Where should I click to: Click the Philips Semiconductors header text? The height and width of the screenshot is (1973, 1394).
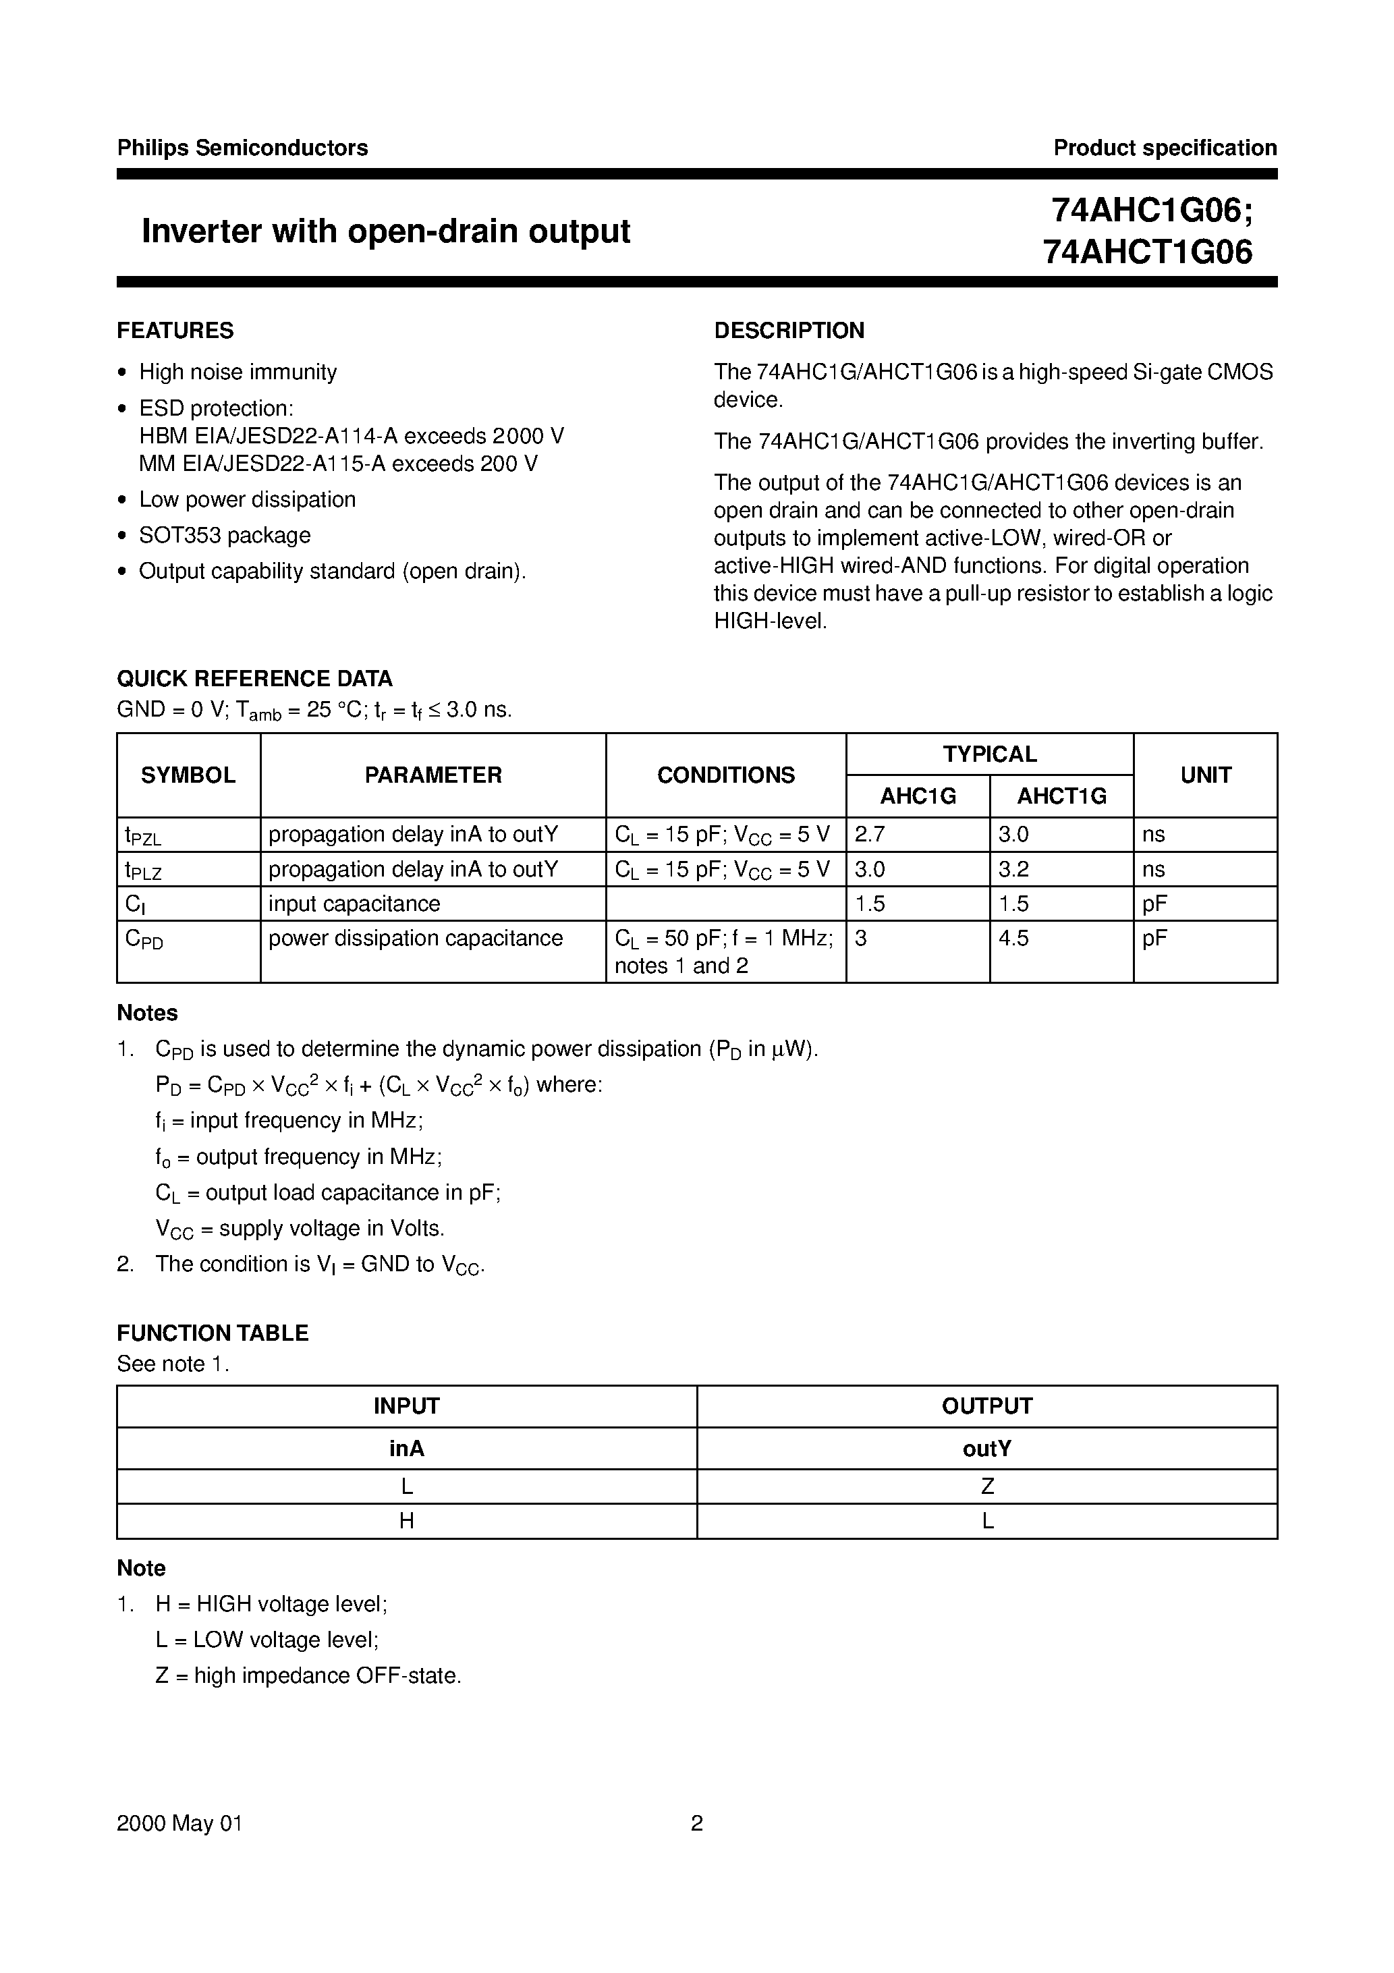[242, 148]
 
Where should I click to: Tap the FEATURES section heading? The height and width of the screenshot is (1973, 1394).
[175, 331]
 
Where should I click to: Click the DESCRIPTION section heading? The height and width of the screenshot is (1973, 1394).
[789, 331]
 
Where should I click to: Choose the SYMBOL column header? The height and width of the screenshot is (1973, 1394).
[188, 775]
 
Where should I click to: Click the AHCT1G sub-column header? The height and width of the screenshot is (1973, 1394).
[1061, 797]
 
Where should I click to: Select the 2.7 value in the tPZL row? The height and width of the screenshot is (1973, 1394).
[870, 835]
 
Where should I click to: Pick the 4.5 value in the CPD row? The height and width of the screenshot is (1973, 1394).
[1013, 939]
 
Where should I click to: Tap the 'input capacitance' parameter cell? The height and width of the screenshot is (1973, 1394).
[354, 904]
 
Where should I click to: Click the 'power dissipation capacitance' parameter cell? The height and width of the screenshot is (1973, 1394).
[415, 939]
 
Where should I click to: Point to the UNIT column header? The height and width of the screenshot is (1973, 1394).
[1205, 775]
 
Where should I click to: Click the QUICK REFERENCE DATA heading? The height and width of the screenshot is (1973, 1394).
[254, 679]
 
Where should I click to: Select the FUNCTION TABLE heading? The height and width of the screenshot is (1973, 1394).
[213, 1333]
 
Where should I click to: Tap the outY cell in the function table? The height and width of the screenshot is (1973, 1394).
[986, 1449]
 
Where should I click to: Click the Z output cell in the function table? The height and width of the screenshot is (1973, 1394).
[986, 1486]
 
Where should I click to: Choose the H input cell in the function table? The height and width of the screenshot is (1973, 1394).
[406, 1521]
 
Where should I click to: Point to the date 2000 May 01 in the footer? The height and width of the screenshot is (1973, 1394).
[179, 1823]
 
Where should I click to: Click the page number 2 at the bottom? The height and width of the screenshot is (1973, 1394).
[697, 1823]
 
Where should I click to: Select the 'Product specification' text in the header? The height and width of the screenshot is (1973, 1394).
[1165, 148]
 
